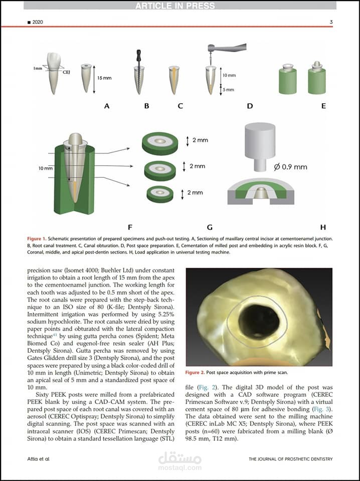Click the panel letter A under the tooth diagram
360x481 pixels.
pos(106,106)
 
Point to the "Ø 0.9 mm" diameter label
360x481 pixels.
pos(290,167)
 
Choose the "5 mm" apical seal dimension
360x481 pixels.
pos(229,90)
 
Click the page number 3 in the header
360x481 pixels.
pos(331,22)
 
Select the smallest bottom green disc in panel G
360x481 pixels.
pos(160,193)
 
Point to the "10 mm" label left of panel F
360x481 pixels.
pos(45,168)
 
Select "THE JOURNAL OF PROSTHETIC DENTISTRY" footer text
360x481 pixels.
pos(291,458)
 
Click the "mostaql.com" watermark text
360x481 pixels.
pos(180,468)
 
